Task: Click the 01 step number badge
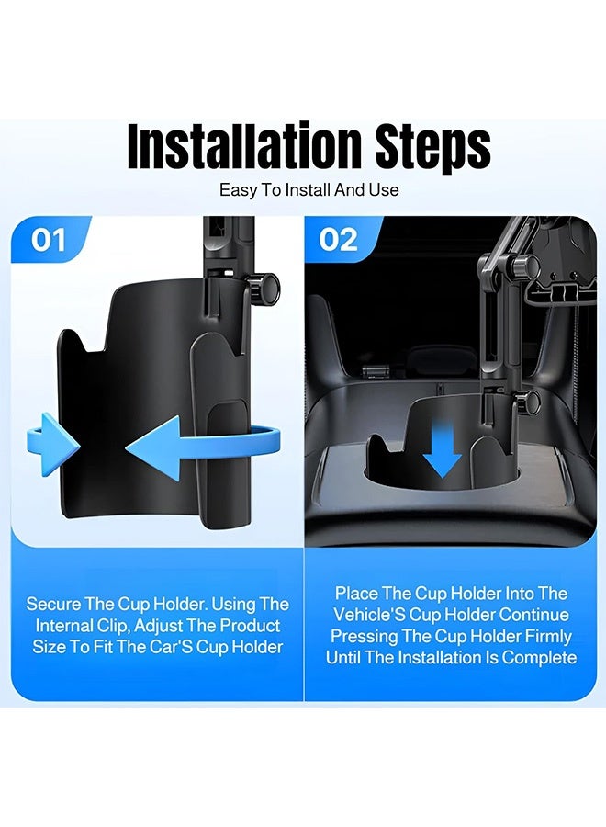[49, 240]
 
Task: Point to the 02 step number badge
[338, 240]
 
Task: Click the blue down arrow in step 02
[443, 451]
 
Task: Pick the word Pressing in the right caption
[366, 636]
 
